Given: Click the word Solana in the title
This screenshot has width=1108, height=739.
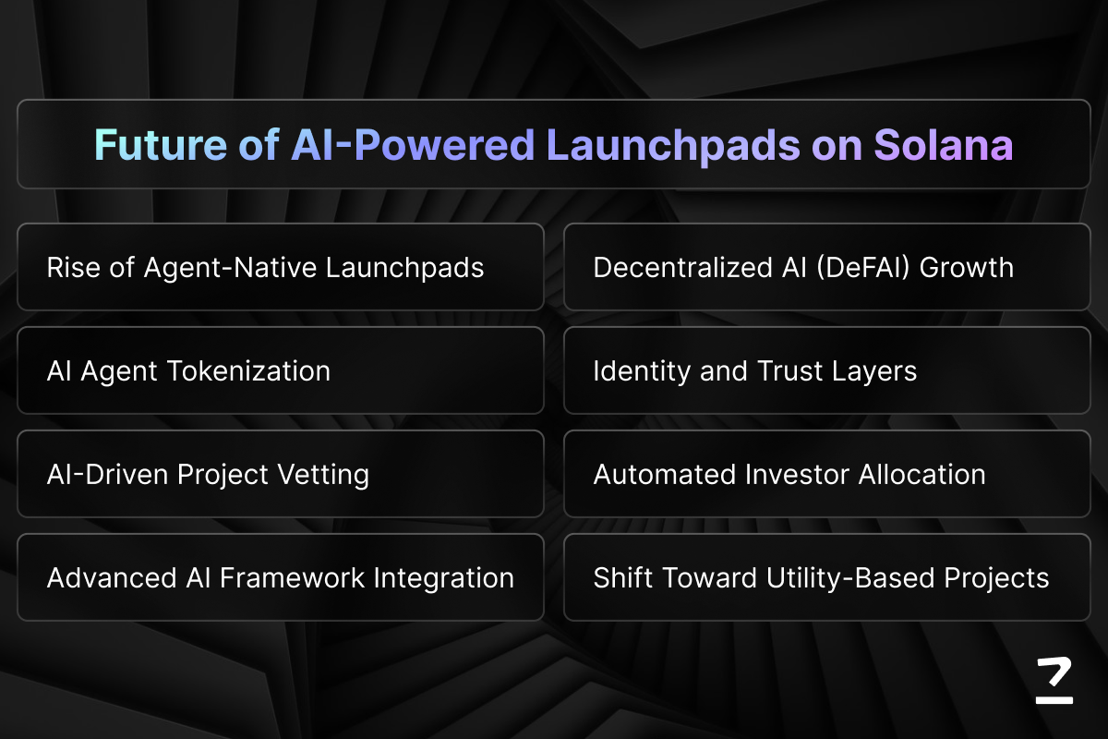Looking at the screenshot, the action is (944, 145).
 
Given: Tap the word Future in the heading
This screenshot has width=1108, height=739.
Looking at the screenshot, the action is (161, 145).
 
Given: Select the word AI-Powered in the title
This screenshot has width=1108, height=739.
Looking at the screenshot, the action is (413, 145).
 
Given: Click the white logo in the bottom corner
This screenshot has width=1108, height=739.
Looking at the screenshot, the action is (1054, 680).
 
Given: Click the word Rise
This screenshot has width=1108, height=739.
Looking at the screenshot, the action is (73, 268).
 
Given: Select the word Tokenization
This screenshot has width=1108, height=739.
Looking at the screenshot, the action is (249, 371).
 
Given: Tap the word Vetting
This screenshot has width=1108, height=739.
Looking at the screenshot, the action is (323, 475).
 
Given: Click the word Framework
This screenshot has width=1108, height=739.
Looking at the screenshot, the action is (293, 577).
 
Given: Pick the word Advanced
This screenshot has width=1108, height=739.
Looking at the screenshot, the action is (112, 577).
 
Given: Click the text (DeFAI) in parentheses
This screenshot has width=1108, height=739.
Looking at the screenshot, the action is (862, 268).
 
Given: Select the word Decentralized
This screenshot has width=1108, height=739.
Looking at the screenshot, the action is (682, 268).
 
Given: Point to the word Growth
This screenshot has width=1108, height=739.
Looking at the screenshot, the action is (967, 268).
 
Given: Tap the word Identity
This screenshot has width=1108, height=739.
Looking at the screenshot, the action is (642, 371).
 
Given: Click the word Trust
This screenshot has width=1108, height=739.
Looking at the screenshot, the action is (789, 371).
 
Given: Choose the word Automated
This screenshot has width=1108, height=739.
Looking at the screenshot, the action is (664, 475).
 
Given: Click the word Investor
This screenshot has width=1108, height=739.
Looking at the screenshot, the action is (797, 475).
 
